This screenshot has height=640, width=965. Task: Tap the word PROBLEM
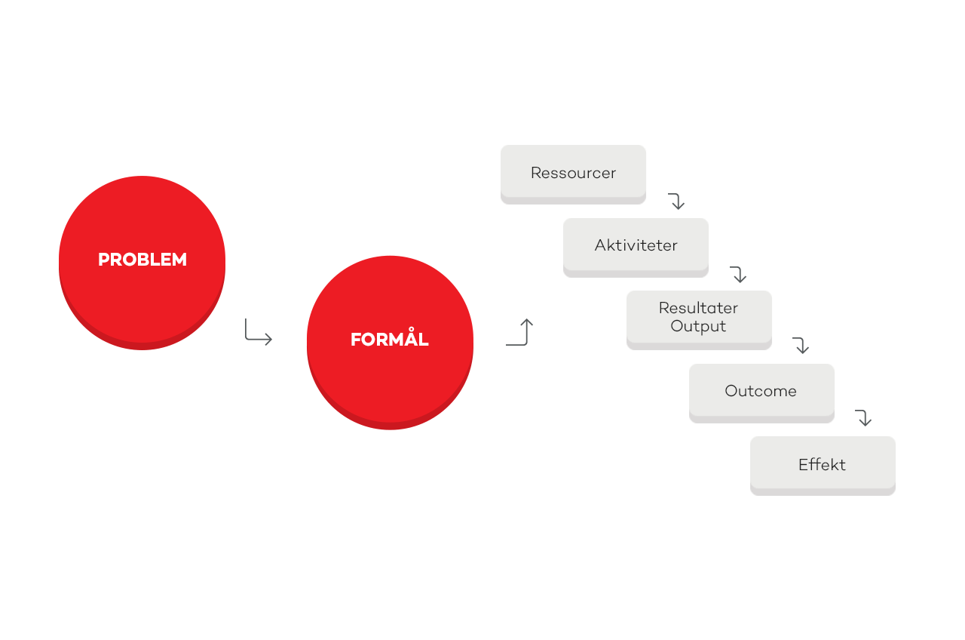click(x=142, y=260)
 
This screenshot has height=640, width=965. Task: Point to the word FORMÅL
click(x=390, y=340)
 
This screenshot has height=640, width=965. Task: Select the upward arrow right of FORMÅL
click(x=520, y=333)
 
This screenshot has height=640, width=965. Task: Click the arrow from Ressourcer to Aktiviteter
click(x=677, y=202)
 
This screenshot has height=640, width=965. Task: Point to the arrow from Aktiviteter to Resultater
click(x=739, y=275)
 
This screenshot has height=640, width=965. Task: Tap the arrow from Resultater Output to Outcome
click(x=801, y=346)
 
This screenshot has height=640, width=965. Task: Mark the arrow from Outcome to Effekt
click(x=864, y=418)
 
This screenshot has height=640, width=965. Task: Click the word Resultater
click(x=698, y=308)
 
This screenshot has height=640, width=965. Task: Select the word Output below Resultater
click(x=698, y=326)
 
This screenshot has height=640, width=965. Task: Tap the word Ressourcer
click(x=573, y=173)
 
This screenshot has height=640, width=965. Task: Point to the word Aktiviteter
click(x=636, y=245)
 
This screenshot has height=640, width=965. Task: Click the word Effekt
click(x=822, y=465)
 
